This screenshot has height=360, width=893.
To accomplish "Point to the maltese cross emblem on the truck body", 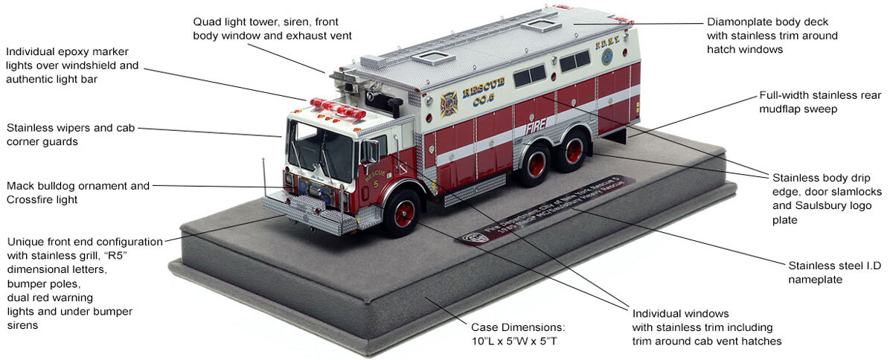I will coord(449,104).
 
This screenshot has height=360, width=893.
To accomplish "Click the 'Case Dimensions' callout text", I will coord(517,333).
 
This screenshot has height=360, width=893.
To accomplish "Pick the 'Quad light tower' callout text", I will coord(272,28).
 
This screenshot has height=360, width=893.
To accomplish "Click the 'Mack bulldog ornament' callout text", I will coord(77,192).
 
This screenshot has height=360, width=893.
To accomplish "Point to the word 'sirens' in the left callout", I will coord(23,325).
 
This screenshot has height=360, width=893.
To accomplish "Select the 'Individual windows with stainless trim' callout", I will coord(702,327).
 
